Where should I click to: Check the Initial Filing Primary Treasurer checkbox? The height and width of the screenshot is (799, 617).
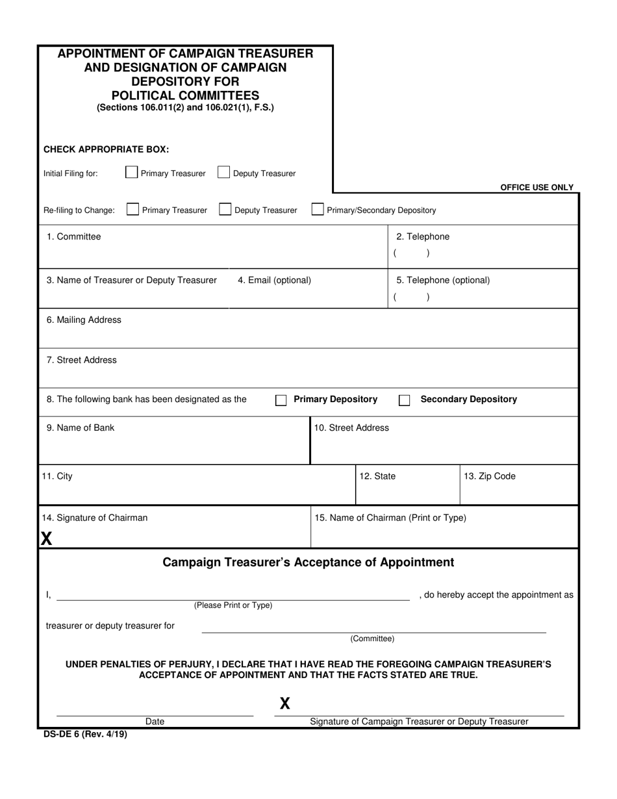click(x=131, y=172)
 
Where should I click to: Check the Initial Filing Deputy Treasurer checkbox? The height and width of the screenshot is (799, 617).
click(x=223, y=172)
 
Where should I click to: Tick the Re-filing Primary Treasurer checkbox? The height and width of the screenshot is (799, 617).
click(x=132, y=209)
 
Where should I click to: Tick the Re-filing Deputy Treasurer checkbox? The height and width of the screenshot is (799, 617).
click(x=225, y=209)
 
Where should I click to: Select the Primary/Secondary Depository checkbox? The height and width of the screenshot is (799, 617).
click(x=318, y=209)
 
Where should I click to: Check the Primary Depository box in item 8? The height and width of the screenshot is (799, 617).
click(x=281, y=400)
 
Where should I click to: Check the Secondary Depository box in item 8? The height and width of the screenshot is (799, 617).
click(x=404, y=400)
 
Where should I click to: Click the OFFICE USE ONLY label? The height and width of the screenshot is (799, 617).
click(x=536, y=187)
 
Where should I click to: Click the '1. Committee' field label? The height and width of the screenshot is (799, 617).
click(x=73, y=236)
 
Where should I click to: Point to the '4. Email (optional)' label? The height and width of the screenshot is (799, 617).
click(x=274, y=280)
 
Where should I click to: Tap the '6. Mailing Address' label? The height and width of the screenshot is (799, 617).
click(x=83, y=320)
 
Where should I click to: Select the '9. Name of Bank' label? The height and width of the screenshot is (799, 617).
click(x=80, y=427)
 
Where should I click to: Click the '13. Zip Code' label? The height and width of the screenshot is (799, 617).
click(x=489, y=476)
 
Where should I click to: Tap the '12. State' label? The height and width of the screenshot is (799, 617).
click(x=377, y=476)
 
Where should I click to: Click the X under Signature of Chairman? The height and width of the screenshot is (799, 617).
click(x=47, y=538)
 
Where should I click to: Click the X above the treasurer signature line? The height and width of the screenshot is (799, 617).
click(x=284, y=703)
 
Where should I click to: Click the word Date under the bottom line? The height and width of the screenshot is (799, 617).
click(x=155, y=721)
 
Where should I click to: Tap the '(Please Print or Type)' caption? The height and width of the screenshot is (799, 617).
click(x=233, y=605)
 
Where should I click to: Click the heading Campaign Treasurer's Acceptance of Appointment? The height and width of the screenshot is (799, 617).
click(x=308, y=562)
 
